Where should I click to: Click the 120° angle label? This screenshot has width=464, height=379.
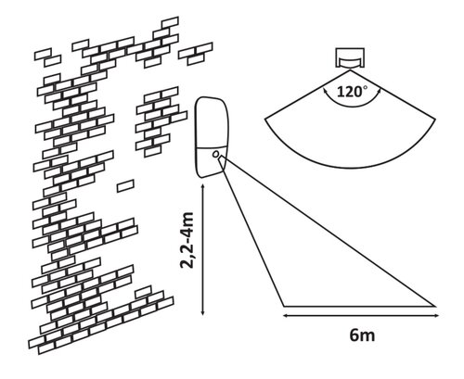coord(353,92)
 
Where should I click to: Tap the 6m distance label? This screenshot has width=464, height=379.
coord(362,335)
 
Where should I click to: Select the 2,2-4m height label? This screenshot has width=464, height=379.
coord(187,240)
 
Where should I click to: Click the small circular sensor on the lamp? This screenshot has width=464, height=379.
coord(216,154)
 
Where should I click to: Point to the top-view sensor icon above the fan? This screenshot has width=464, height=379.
coord(350,58)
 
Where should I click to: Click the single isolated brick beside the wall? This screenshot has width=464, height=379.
coord(125,186)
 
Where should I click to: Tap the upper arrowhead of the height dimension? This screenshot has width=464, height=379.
coord(202,187)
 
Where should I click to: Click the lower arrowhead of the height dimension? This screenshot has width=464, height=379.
coord(202,312)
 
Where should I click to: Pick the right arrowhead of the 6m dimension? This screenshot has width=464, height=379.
coord(436,315)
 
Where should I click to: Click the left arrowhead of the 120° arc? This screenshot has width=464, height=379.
coord(325,91)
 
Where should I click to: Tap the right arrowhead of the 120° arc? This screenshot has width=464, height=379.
coord(379,91)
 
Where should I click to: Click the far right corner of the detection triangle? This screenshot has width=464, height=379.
coord(435,306)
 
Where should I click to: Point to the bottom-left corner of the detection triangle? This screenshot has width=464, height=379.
coord(284,306)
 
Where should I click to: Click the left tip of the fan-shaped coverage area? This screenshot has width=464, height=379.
coord(265,119)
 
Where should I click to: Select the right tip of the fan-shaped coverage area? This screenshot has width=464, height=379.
coord(436,119)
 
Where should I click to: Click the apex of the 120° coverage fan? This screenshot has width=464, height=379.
coord(351,70)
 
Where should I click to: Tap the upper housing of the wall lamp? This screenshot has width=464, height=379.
coord(212,122)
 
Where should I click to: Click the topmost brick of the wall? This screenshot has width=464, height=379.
coord(170,22)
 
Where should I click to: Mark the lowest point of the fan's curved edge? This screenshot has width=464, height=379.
coord(351,169)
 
